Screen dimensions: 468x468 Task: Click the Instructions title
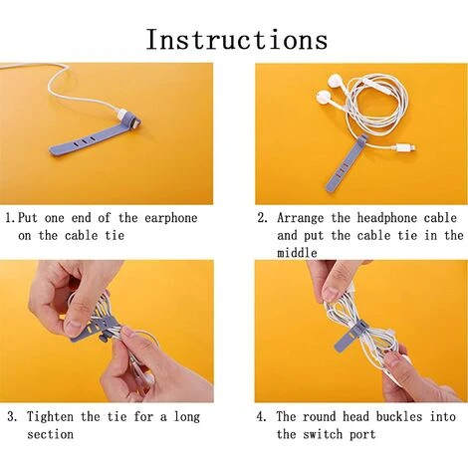click(x=237, y=40)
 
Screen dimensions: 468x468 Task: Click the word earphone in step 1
click(x=171, y=218)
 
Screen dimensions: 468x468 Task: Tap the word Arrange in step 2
click(x=300, y=218)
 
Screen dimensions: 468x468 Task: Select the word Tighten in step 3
click(x=50, y=416)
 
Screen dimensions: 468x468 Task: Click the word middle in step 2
click(x=297, y=253)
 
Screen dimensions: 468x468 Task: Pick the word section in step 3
click(x=50, y=434)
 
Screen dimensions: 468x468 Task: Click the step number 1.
click(x=10, y=218)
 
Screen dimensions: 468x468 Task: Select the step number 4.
click(x=261, y=416)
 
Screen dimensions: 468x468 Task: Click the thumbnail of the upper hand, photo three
click(x=73, y=326)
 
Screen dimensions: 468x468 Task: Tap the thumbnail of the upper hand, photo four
click(x=332, y=293)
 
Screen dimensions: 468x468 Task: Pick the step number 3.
click(x=12, y=416)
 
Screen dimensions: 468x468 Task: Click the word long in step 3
click(x=187, y=417)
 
